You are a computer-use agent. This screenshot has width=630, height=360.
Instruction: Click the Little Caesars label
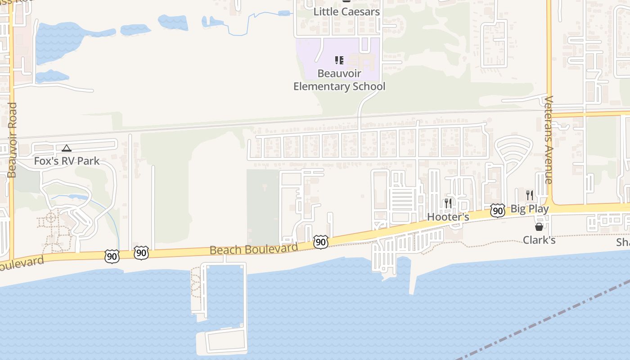point(346,12)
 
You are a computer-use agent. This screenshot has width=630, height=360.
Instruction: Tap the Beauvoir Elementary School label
point(339,80)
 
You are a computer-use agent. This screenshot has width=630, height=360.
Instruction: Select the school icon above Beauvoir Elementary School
point(339,60)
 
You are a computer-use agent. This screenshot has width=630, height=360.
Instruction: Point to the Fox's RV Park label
point(67,161)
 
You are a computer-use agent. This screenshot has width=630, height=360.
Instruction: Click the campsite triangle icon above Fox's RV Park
point(67,148)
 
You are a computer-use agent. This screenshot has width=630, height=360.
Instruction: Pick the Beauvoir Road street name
point(12,140)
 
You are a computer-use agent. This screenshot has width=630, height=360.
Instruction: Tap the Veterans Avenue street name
point(548,140)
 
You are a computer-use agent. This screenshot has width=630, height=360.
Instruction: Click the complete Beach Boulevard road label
point(254,249)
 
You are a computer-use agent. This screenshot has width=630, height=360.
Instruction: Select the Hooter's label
point(448,217)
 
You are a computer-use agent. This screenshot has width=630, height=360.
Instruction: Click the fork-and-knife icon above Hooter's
point(448,203)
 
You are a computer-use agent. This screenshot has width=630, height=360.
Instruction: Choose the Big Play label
point(530,209)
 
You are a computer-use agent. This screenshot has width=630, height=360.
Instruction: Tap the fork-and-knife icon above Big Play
point(530,195)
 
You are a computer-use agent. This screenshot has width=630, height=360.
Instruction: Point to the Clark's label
point(539,240)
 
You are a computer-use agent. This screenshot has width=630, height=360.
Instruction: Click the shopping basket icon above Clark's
point(539,227)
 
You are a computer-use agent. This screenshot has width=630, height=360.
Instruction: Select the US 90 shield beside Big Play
point(497,211)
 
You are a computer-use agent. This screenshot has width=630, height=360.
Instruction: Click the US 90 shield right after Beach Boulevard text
point(320,242)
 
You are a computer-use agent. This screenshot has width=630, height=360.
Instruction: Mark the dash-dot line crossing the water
point(540,319)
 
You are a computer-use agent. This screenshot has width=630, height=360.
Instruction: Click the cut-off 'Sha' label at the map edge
point(623,243)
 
